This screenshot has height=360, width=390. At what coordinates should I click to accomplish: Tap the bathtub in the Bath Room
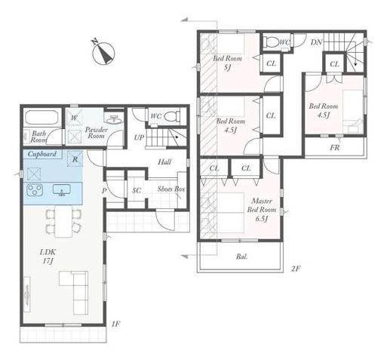[x=41, y=117]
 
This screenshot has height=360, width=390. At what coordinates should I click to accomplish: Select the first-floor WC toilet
[x=172, y=116]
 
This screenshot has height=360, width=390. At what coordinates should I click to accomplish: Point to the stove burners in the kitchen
[x=35, y=189]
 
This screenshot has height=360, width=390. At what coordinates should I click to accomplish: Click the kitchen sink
[x=62, y=190]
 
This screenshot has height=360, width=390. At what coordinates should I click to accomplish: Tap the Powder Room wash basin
[x=114, y=119]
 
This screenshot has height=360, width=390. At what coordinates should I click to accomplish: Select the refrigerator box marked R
[x=75, y=159]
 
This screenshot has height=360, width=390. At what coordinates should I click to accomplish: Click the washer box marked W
[x=74, y=118]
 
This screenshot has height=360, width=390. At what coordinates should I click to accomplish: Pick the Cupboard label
[x=42, y=154]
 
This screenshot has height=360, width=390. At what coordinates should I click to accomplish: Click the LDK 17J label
[x=48, y=257]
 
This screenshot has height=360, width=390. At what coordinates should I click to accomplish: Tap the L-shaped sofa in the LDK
[x=74, y=292]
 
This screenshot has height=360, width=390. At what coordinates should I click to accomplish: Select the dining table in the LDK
[x=63, y=221]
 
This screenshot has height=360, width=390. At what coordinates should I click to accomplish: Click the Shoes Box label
[x=171, y=189]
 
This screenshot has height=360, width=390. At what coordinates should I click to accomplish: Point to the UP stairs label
[x=139, y=137]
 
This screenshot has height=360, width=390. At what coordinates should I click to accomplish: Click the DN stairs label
[x=316, y=42]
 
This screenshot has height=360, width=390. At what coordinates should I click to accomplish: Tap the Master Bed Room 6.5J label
[x=262, y=210]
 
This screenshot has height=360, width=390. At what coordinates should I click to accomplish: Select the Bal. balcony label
[x=241, y=257]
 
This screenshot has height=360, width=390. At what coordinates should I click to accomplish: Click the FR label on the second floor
[x=335, y=147]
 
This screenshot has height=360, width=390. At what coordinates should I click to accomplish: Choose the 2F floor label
[x=296, y=269]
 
